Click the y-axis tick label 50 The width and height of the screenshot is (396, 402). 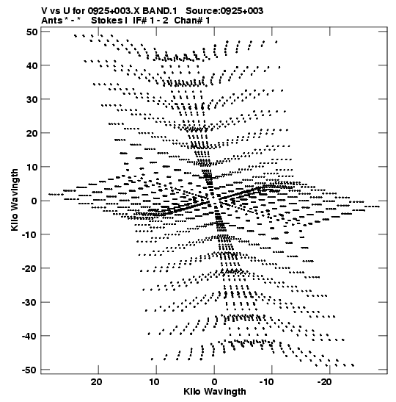pyautogui.click(x=32, y=32)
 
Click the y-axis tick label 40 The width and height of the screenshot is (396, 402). pyautogui.click(x=32, y=65)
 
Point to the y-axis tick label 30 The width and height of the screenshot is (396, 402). pyautogui.click(x=32, y=99)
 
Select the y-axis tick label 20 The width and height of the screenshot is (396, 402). pyautogui.click(x=32, y=133)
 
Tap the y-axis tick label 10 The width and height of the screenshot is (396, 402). pyautogui.click(x=32, y=167)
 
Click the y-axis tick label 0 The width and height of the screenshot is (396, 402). pyautogui.click(x=34, y=201)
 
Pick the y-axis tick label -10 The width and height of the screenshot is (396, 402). pyautogui.click(x=29, y=234)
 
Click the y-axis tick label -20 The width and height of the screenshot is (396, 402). pyautogui.click(x=29, y=268)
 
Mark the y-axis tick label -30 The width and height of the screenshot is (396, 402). pyautogui.click(x=29, y=302)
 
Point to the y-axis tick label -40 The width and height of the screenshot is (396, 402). pyautogui.click(x=29, y=336)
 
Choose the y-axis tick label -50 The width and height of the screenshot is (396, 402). pyautogui.click(x=29, y=370)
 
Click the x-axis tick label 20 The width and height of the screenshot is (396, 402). pyautogui.click(x=97, y=382)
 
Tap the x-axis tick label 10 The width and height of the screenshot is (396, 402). pyautogui.click(x=154, y=382)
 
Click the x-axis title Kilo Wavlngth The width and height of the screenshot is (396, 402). pyautogui.click(x=215, y=392)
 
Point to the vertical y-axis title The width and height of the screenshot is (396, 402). pyautogui.click(x=15, y=200)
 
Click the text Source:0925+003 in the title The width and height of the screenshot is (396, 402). pyautogui.click(x=224, y=11)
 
